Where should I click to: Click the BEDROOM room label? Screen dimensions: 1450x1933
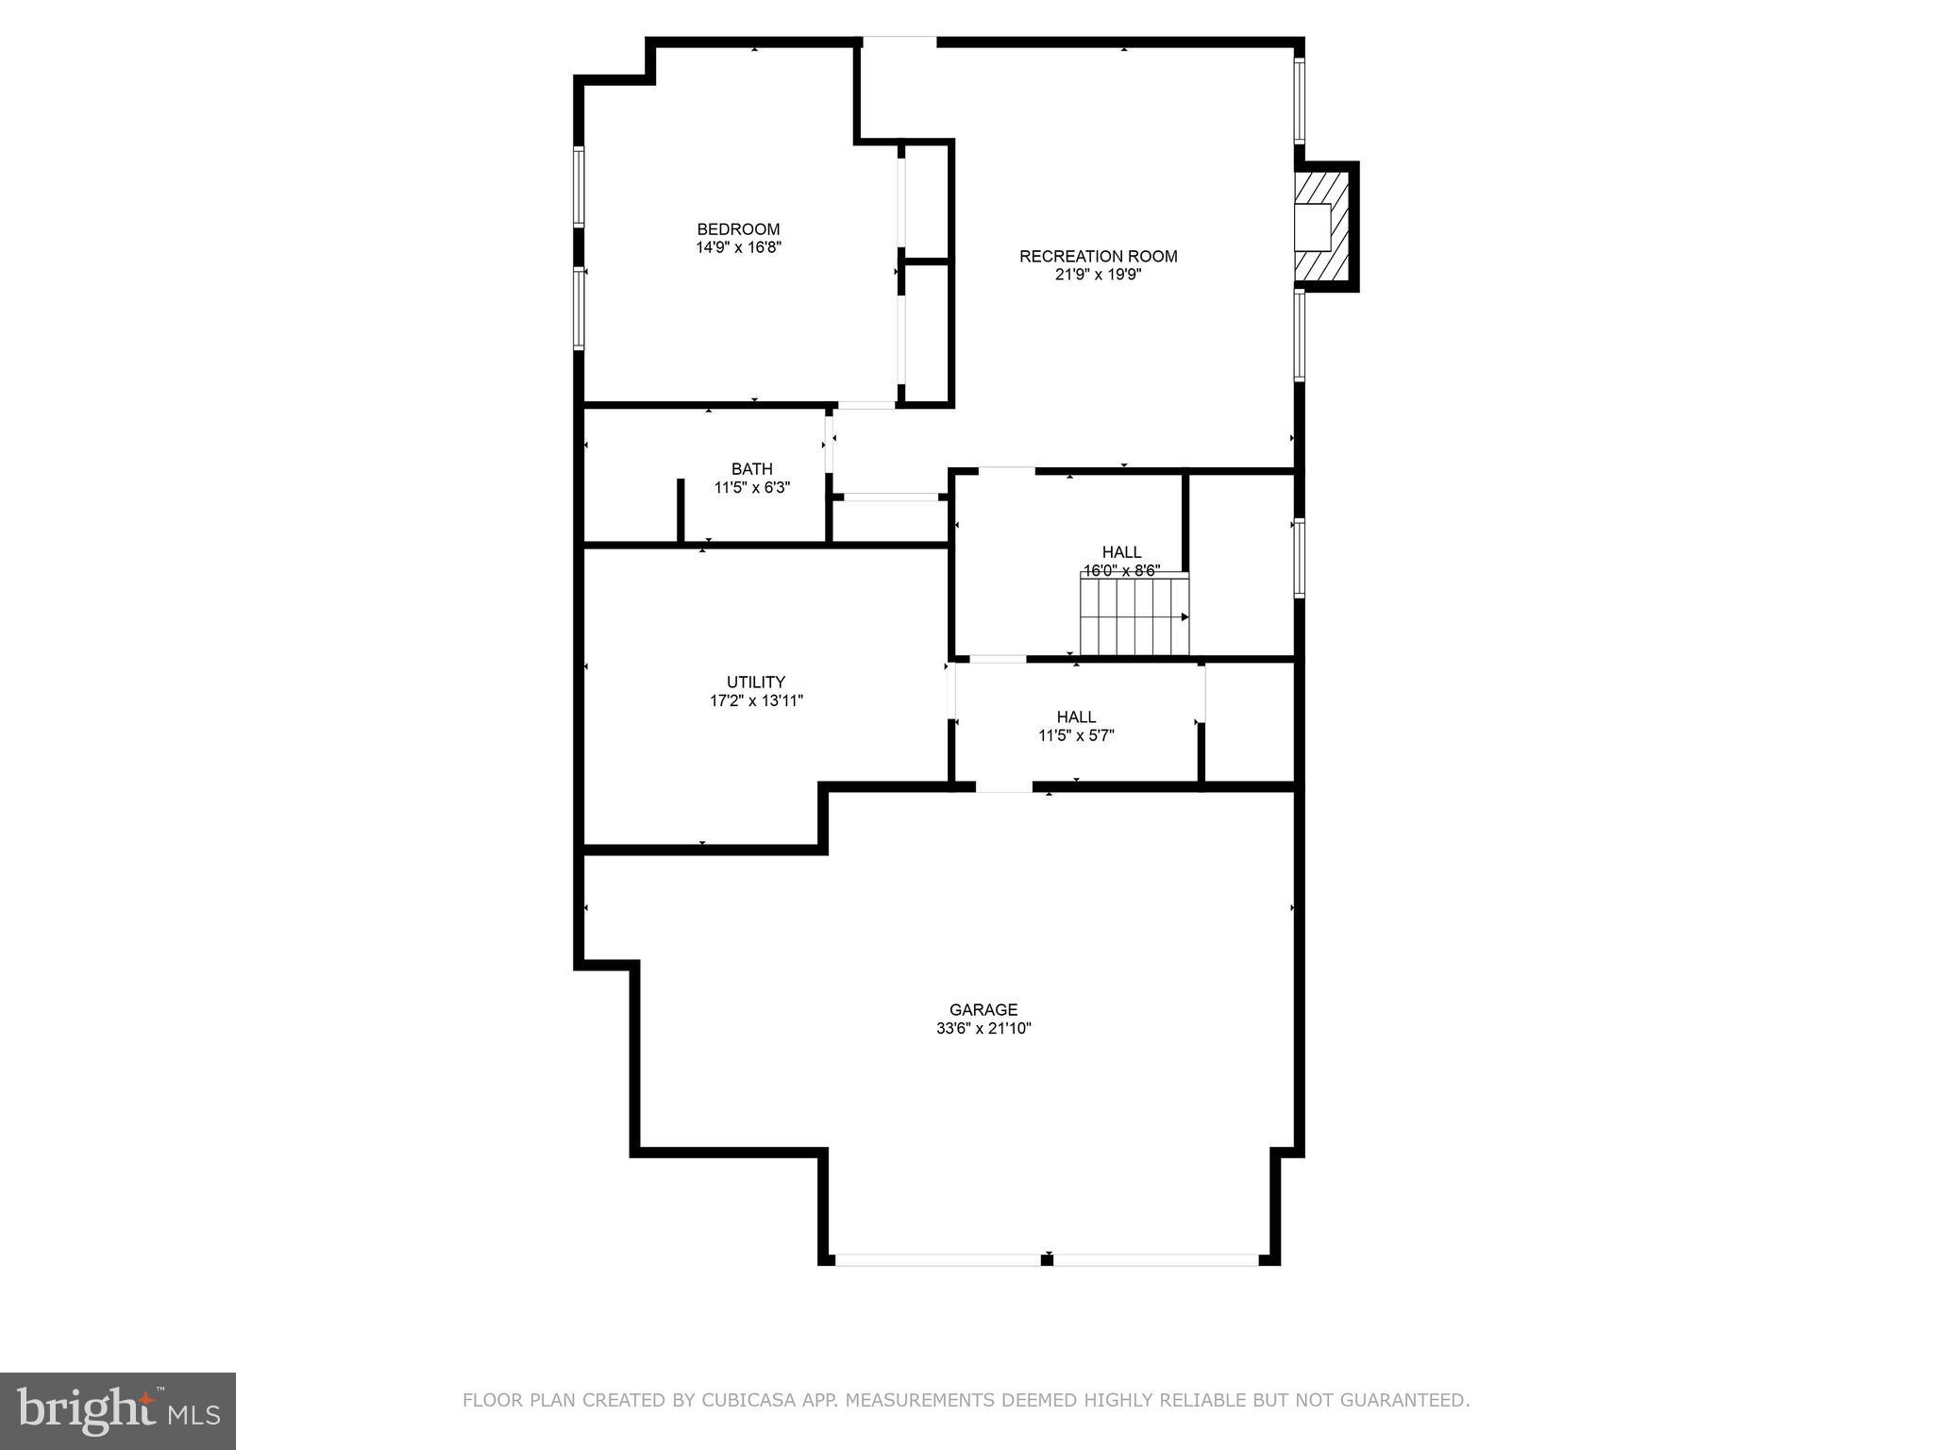[738, 229]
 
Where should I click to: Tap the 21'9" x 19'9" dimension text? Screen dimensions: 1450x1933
[1098, 275]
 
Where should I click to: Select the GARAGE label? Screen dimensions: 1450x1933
[983, 1010]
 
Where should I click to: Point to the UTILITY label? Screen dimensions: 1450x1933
[755, 683]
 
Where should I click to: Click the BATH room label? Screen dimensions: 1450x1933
[751, 469]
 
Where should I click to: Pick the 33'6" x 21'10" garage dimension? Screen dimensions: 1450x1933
[983, 1029]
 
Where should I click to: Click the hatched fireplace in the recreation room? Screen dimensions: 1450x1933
[1325, 227]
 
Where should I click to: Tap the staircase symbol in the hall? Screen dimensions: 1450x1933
[1134, 616]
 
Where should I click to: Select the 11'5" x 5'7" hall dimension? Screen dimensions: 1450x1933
[1076, 735]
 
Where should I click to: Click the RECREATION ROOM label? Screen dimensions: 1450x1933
[1098, 256]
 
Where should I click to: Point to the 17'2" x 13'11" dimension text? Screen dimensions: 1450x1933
[755, 701]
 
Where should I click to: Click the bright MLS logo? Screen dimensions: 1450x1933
[118, 1410]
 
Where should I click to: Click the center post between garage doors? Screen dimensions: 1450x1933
[1047, 1259]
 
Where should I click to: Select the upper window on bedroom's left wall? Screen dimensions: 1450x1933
[579, 186]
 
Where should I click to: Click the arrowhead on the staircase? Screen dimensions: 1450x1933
[1185, 616]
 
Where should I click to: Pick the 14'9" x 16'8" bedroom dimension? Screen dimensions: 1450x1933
[738, 247]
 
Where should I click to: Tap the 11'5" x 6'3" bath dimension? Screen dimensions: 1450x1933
[751, 488]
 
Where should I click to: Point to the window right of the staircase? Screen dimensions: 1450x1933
[1299, 558]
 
